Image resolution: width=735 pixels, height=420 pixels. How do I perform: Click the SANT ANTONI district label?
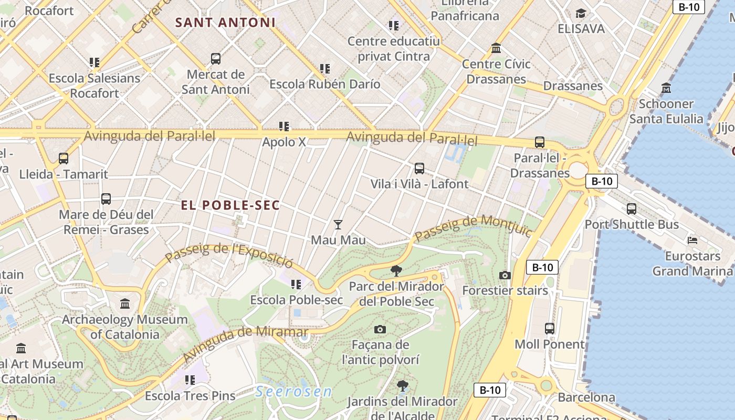[x=225, y=23]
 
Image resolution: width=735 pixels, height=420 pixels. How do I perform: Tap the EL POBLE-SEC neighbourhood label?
[x=230, y=205]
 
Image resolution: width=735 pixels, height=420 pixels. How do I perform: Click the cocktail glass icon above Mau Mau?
[x=338, y=225]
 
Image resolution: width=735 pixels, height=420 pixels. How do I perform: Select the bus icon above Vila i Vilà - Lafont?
[x=419, y=169]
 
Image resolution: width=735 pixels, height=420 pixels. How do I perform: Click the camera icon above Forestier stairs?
[x=505, y=275]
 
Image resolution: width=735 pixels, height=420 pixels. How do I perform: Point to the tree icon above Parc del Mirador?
[x=396, y=271]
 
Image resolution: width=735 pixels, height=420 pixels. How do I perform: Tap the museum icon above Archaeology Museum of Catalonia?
[x=125, y=303]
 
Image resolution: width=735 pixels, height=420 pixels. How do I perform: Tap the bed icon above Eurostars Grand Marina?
[x=692, y=240]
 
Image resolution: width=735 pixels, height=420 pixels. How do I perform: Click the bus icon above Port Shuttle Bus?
[x=631, y=209]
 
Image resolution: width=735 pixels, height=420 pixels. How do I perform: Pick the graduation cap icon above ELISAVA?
[x=581, y=13]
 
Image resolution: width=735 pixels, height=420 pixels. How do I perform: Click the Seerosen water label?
[x=294, y=392]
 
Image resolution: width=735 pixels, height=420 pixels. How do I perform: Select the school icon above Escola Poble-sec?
[x=296, y=285]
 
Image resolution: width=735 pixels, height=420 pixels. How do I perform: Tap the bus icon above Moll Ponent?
[x=549, y=329]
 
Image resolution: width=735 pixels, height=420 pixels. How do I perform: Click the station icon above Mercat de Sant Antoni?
[x=215, y=59]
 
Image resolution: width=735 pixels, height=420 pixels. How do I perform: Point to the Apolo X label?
[x=284, y=142]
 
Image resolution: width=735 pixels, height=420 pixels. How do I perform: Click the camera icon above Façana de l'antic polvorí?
[x=380, y=329]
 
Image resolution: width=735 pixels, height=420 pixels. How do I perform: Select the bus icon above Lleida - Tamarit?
[x=64, y=159]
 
